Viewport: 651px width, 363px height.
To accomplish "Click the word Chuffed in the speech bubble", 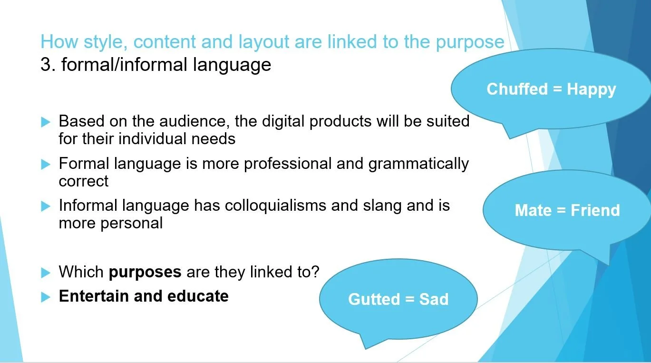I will coord(517,89).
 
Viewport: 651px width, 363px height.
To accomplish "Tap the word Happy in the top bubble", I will coord(591,89).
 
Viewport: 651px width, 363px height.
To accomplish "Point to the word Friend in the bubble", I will coord(595,210).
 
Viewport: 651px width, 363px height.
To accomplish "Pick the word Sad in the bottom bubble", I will coord(434,299).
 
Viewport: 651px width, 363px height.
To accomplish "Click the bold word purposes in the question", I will coord(145,272).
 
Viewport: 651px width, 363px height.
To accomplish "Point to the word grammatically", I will coord(418,164).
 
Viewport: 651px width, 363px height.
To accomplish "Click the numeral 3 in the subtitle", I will coord(46,64).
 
